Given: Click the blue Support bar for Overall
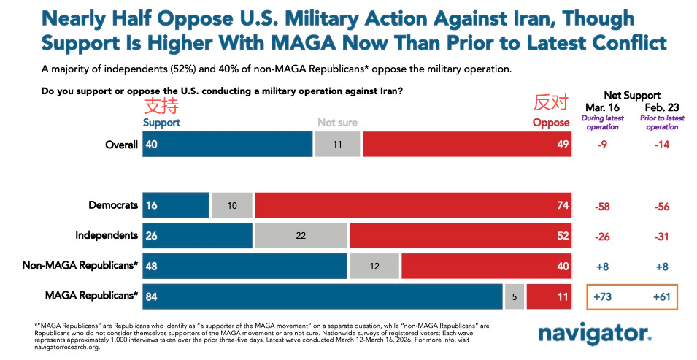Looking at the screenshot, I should tap(228, 145).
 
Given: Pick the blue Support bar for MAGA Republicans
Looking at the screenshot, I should tap(323, 296).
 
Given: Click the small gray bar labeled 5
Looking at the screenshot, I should tap(515, 296).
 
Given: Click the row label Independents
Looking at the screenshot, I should tap(107, 235).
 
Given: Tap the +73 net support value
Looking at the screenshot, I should tap(603, 297).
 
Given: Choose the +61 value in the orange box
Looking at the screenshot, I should tap(662, 297).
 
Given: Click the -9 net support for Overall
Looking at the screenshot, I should tap(603, 145).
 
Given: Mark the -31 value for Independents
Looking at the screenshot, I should tap(662, 236).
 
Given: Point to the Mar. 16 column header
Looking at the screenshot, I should tap(603, 107).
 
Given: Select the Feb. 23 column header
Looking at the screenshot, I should tap(662, 107).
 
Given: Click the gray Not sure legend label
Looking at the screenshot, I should tap(336, 123).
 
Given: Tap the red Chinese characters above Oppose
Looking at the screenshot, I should tap(550, 103).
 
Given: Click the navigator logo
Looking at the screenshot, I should tap(595, 334).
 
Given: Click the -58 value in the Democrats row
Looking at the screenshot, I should tap(603, 206).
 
